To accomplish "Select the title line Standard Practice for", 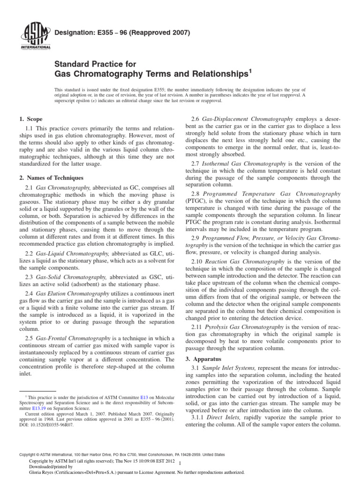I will (x=95, y=64).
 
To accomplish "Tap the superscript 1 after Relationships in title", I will (x=250, y=71).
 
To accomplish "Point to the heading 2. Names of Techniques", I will (x=51, y=178).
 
